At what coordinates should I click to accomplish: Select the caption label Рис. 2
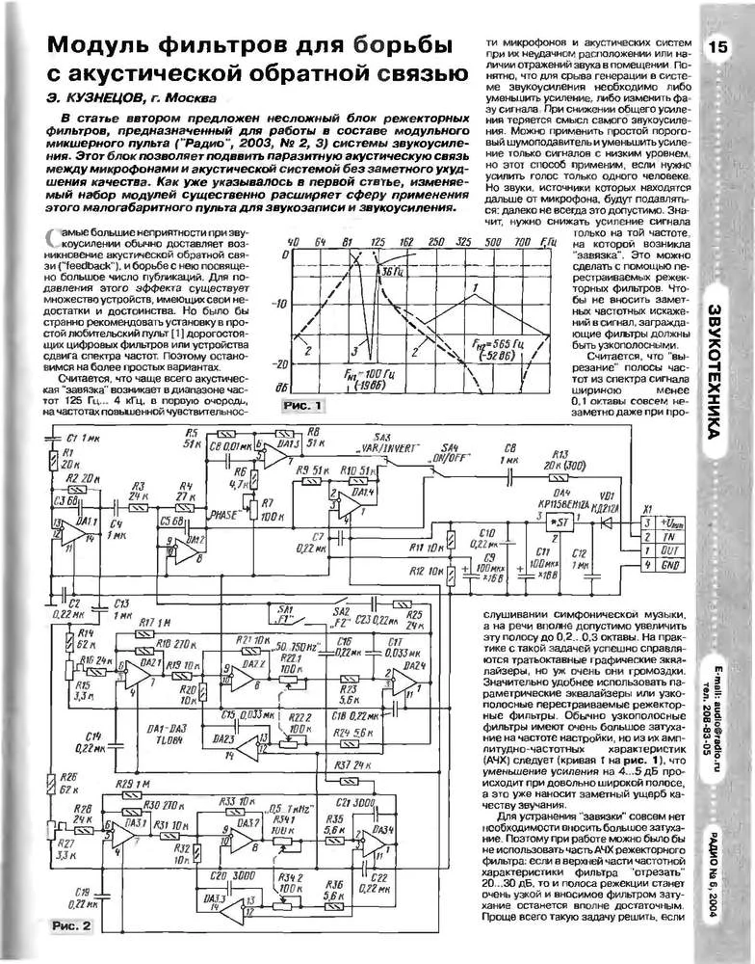[69, 926]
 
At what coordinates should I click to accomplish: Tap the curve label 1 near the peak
[475, 287]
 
